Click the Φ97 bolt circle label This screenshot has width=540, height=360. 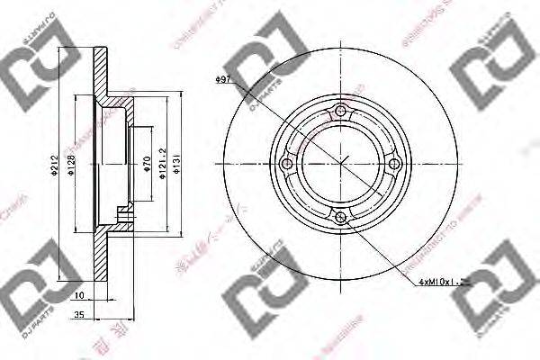pos(224,82)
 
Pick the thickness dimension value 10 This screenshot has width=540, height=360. pos(80,295)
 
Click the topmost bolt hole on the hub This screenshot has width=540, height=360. pos(339,112)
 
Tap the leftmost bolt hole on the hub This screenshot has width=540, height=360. pos(287,163)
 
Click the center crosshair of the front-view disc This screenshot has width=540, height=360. pos(339,163)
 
